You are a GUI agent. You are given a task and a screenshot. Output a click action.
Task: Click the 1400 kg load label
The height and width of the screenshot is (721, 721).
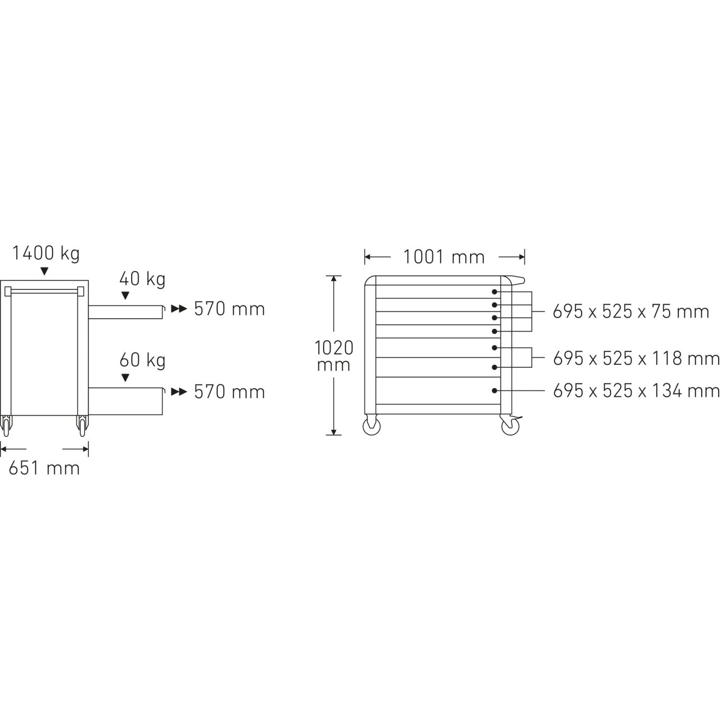[46, 253]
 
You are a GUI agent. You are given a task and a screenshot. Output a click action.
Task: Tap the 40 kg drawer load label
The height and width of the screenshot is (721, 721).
[142, 279]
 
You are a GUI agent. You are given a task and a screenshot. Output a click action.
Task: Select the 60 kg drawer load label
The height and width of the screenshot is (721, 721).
[142, 360]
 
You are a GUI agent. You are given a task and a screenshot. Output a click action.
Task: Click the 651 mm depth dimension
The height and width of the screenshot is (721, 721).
[44, 468]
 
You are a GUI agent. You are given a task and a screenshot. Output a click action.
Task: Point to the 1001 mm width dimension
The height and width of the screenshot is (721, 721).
[444, 257]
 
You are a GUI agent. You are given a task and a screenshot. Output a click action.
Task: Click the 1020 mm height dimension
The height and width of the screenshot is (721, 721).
[334, 356]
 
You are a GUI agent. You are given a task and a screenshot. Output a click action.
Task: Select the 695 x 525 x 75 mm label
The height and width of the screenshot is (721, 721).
[631, 312]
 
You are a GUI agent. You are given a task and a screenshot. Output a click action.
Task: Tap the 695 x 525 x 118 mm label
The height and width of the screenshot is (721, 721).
[636, 359]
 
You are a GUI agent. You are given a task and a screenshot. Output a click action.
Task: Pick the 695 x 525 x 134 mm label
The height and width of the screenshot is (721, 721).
[636, 391]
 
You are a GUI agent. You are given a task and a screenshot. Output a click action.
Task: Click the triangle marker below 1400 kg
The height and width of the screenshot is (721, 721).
[45, 272]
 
